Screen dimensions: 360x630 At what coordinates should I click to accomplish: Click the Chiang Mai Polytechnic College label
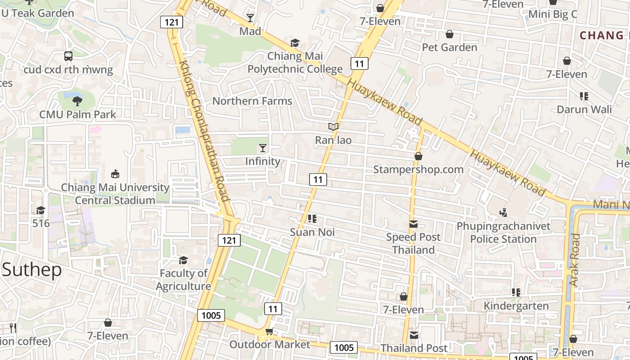295,63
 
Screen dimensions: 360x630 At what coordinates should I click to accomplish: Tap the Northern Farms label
252,101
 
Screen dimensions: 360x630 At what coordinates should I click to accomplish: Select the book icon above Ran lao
333,127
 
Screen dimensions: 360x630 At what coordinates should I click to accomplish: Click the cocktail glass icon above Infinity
263,148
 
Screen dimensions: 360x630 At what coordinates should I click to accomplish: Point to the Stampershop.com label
418,169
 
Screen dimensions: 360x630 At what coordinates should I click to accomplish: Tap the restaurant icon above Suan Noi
312,219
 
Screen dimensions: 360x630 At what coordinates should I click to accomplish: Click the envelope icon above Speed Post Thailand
413,224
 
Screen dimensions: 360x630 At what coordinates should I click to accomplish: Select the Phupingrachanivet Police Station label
504,232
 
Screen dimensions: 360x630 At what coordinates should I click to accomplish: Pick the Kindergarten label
516,306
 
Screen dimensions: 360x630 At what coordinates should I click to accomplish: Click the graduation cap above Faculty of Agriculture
183,260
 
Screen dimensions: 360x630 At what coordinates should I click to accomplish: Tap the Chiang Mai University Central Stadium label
115,193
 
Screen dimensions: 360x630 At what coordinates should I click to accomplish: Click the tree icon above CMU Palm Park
77,101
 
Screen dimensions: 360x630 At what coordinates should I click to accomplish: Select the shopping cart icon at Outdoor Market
269,332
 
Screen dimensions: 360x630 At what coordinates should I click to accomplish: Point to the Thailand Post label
414,348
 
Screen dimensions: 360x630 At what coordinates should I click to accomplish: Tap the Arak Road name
575,260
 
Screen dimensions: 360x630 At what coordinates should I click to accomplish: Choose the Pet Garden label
449,47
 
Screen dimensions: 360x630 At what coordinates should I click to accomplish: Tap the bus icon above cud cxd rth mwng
68,56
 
